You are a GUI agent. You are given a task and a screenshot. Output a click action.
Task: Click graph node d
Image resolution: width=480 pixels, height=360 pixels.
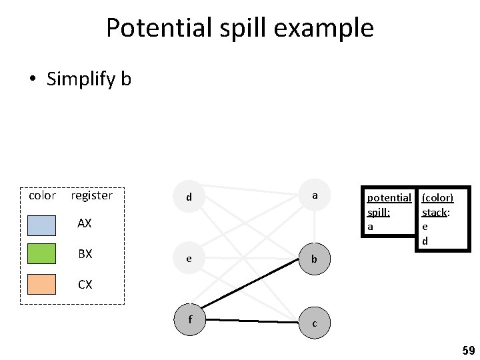click(189, 196)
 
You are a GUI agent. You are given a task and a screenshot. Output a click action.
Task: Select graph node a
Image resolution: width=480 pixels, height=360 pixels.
click(314, 195)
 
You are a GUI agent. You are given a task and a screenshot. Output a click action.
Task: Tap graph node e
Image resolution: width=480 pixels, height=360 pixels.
click(189, 257)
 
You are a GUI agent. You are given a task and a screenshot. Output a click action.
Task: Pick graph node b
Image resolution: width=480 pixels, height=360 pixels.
click(314, 257)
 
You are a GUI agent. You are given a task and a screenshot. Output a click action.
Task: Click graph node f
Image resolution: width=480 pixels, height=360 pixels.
click(191, 319)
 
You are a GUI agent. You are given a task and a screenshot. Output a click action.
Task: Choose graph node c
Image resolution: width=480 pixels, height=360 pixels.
click(314, 323)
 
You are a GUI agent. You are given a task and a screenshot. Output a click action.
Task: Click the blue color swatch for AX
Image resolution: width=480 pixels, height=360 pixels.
click(41, 225)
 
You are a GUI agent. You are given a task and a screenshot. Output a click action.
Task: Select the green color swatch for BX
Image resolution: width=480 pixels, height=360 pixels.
click(41, 254)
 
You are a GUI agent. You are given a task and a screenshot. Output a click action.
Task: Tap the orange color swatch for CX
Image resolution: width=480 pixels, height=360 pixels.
click(41, 284)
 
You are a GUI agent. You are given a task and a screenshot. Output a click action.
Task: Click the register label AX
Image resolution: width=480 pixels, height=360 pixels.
click(85, 223)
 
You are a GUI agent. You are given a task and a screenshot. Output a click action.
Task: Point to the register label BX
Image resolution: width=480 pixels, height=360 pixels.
click(85, 254)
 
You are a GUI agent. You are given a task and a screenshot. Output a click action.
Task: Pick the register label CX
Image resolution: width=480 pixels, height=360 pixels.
click(85, 285)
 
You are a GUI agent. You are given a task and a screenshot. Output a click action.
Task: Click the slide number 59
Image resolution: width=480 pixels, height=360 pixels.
click(468, 350)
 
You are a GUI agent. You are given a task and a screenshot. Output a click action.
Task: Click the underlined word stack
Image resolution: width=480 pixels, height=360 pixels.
click(435, 212)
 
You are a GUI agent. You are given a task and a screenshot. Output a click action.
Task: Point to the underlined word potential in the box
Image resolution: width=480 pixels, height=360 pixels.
click(389, 198)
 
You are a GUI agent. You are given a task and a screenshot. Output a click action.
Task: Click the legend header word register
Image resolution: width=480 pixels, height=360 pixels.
click(91, 195)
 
